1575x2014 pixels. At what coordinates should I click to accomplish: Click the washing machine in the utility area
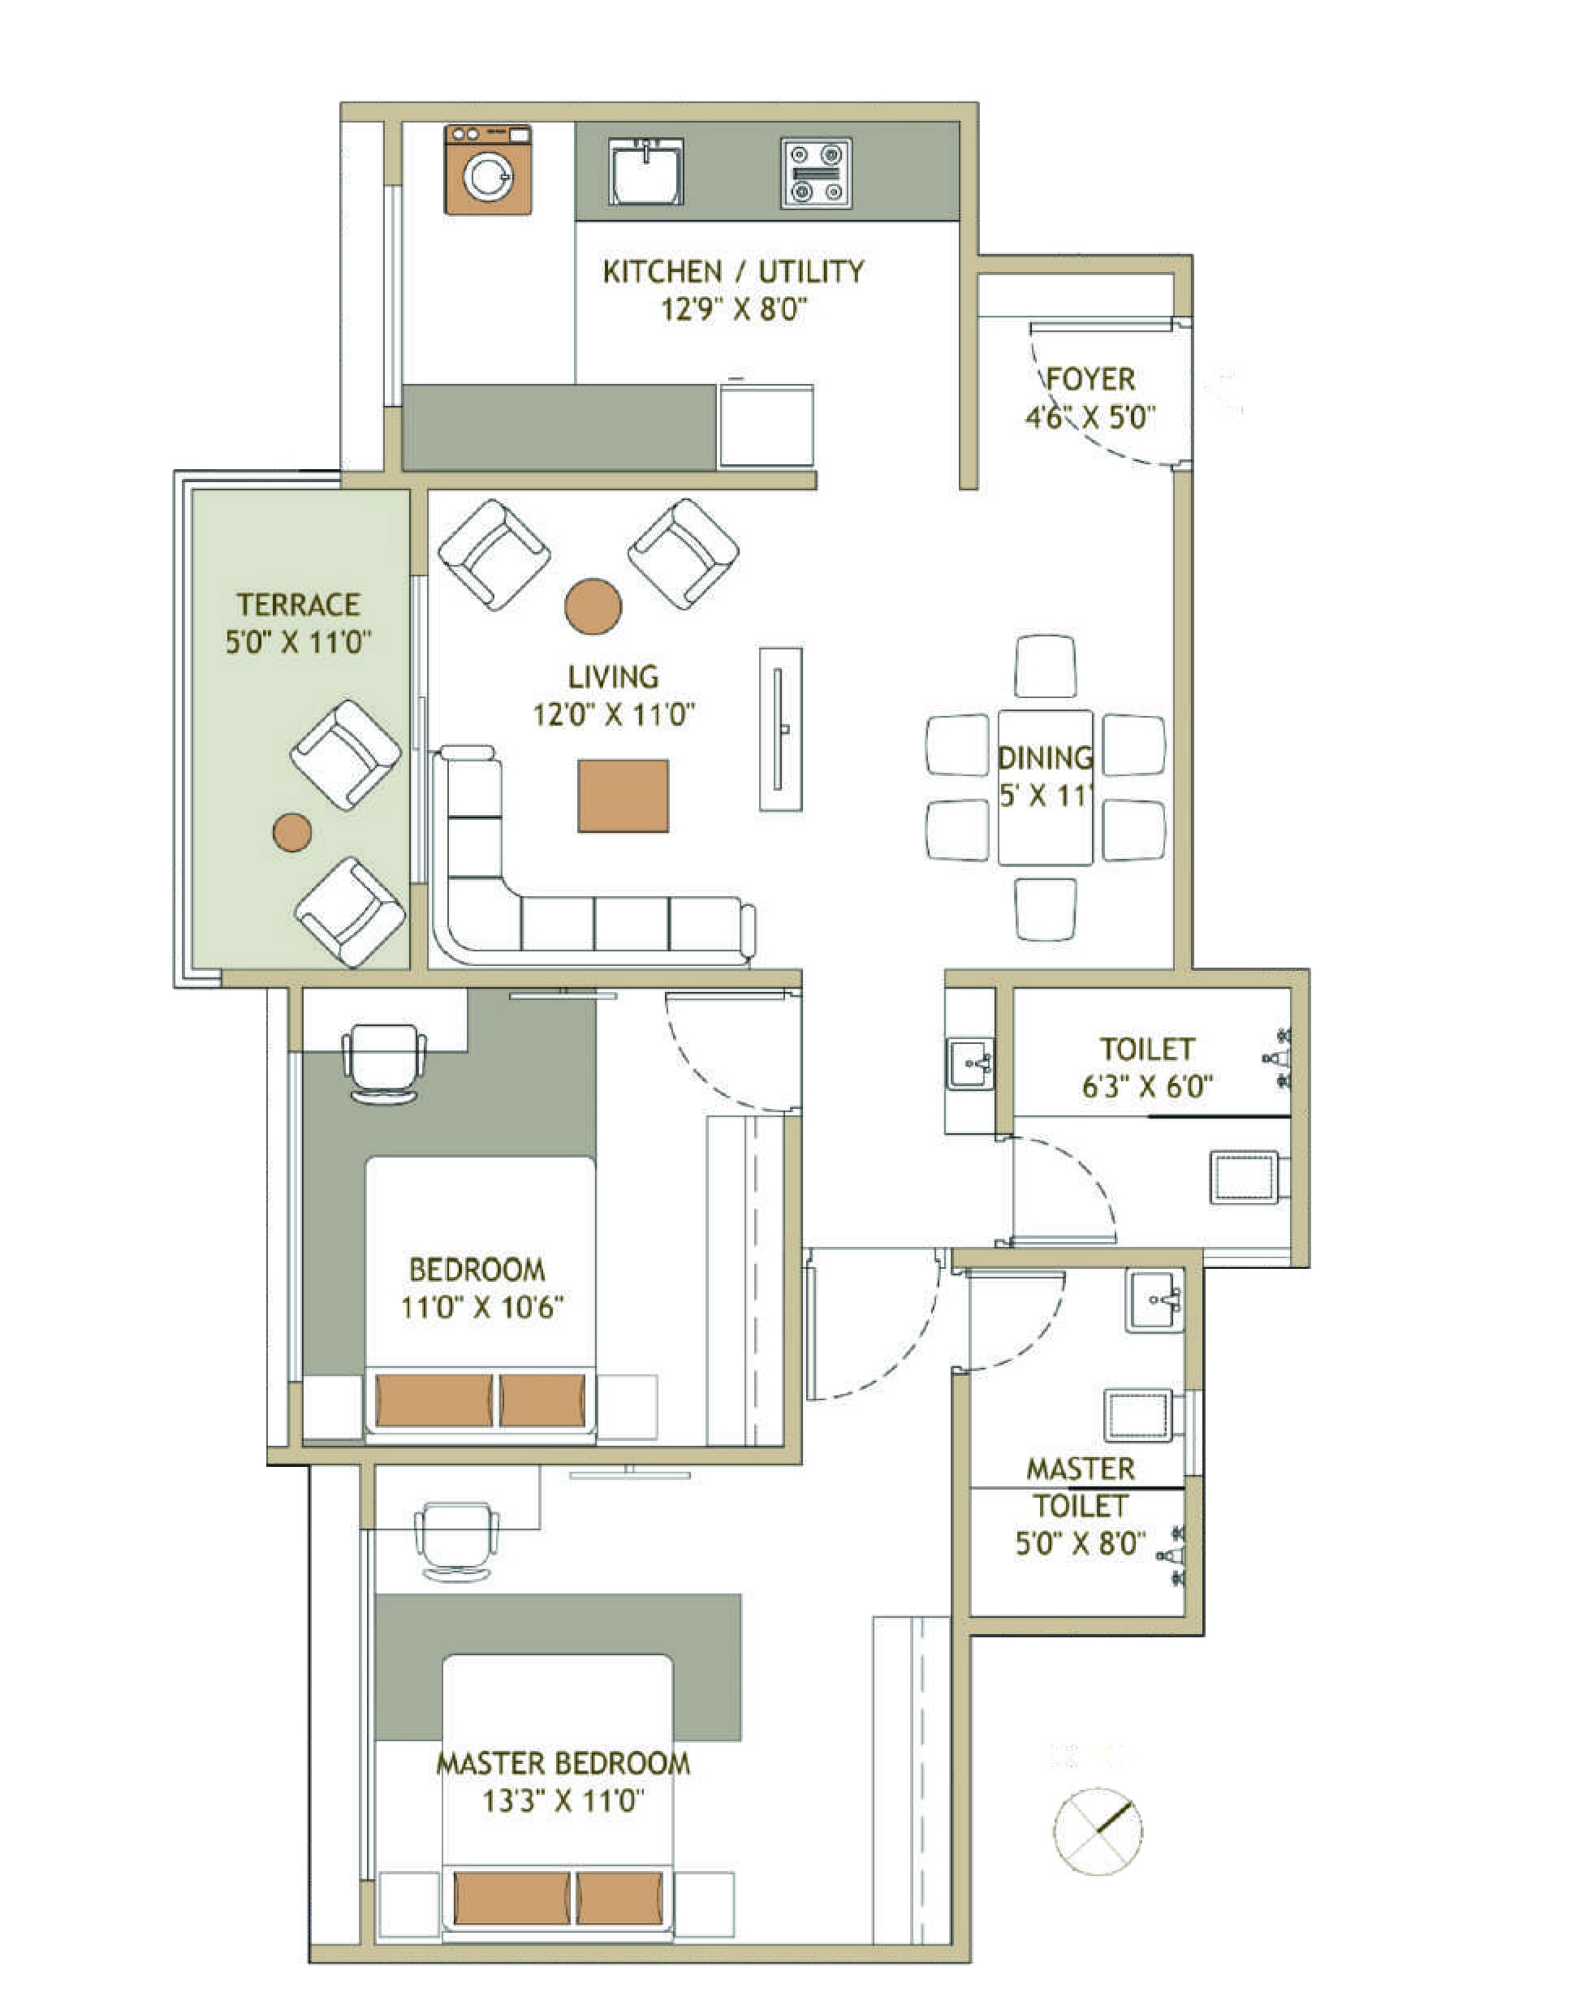[488, 170]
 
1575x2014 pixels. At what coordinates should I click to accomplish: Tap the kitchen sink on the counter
[645, 171]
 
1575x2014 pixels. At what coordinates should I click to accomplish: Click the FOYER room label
[1091, 380]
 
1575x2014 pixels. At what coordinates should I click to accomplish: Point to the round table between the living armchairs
[593, 606]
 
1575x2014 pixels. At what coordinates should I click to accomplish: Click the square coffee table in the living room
[624, 796]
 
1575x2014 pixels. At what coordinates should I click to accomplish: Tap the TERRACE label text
[298, 605]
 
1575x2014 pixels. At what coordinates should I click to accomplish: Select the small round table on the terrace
[292, 832]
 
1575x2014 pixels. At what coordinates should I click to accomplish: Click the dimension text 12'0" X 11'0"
[613, 714]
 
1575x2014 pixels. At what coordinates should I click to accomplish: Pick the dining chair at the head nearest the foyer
[1045, 666]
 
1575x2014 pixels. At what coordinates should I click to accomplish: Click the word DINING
[1045, 758]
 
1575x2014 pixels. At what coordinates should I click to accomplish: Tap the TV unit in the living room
[780, 728]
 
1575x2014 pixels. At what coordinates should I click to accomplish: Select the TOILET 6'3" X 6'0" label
[1147, 1067]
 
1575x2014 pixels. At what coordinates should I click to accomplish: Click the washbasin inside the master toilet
[1154, 1300]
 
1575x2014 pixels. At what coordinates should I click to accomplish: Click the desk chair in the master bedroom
[456, 1539]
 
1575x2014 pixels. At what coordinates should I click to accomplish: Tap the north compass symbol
[1098, 1831]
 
